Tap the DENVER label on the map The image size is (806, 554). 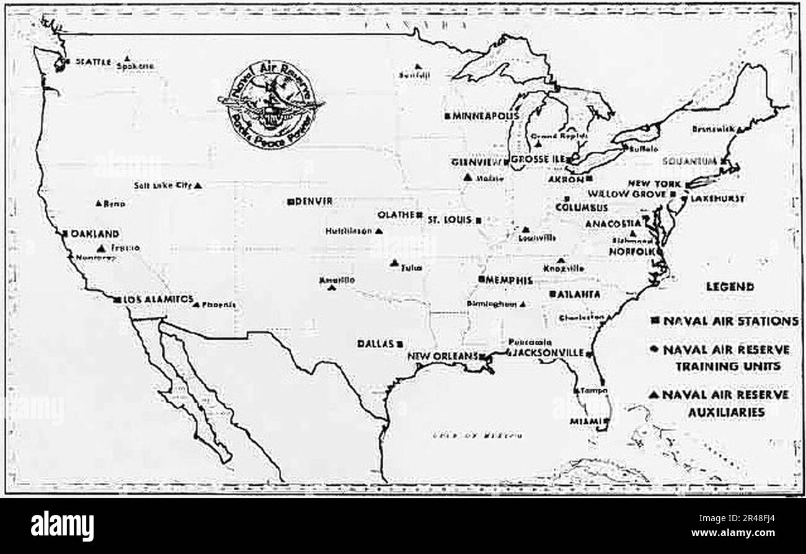click(315, 201)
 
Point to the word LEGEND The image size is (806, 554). click(730, 286)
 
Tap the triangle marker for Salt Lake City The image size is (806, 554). click(198, 185)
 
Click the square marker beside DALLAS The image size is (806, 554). click(401, 343)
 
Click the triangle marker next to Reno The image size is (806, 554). click(98, 203)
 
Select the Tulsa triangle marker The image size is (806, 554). click(394, 263)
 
